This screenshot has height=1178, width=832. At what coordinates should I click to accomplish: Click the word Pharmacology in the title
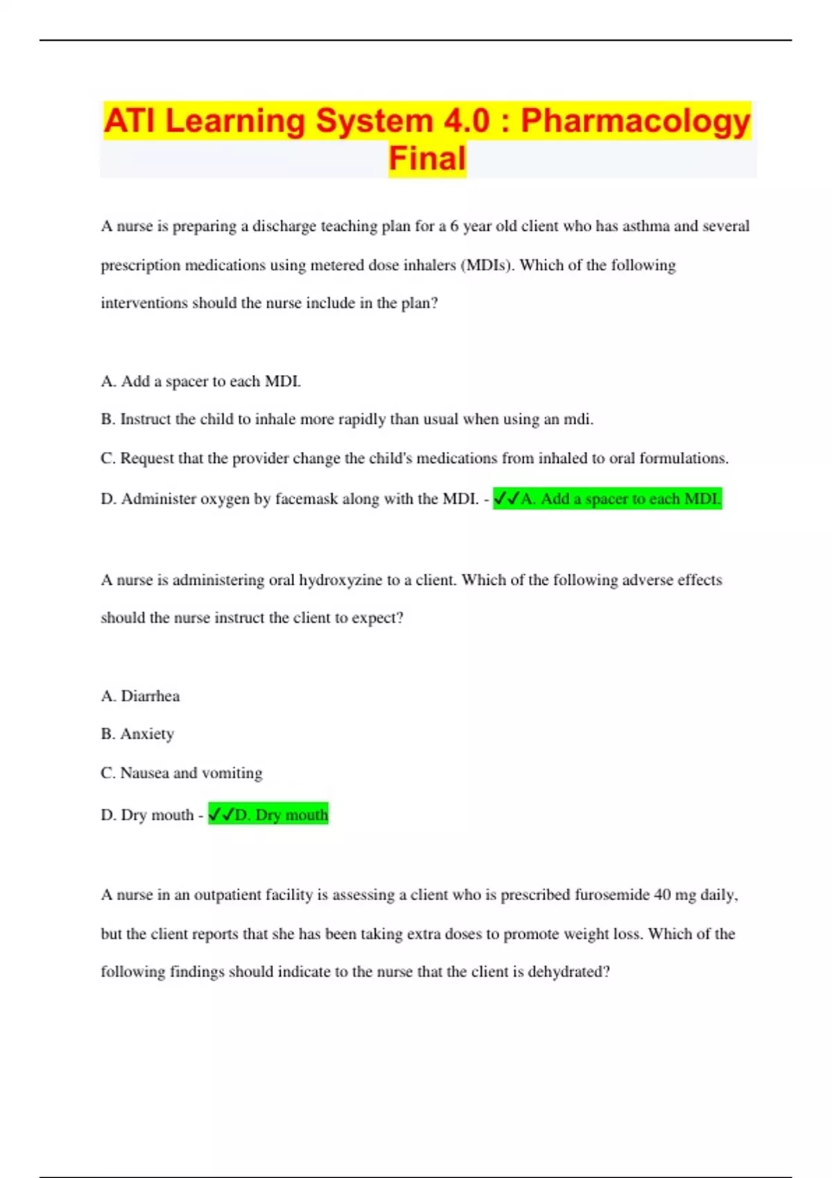tap(635, 121)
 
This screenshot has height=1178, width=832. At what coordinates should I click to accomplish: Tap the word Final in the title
tap(427, 159)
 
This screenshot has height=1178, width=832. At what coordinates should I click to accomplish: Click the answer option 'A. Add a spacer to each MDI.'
tap(201, 381)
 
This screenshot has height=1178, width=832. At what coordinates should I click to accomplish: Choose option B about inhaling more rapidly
tap(347, 419)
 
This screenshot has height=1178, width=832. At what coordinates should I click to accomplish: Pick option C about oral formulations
tap(414, 458)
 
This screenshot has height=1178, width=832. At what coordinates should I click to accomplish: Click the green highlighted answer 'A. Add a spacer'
tap(607, 499)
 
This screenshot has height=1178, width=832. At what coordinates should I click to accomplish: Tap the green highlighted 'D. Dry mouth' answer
tap(268, 815)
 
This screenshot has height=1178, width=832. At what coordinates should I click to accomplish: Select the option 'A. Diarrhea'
tap(140, 696)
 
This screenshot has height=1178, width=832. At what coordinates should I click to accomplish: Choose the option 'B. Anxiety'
tap(137, 734)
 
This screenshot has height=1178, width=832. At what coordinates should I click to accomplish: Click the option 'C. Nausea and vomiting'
tap(181, 773)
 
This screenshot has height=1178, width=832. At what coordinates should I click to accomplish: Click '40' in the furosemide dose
tap(662, 895)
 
